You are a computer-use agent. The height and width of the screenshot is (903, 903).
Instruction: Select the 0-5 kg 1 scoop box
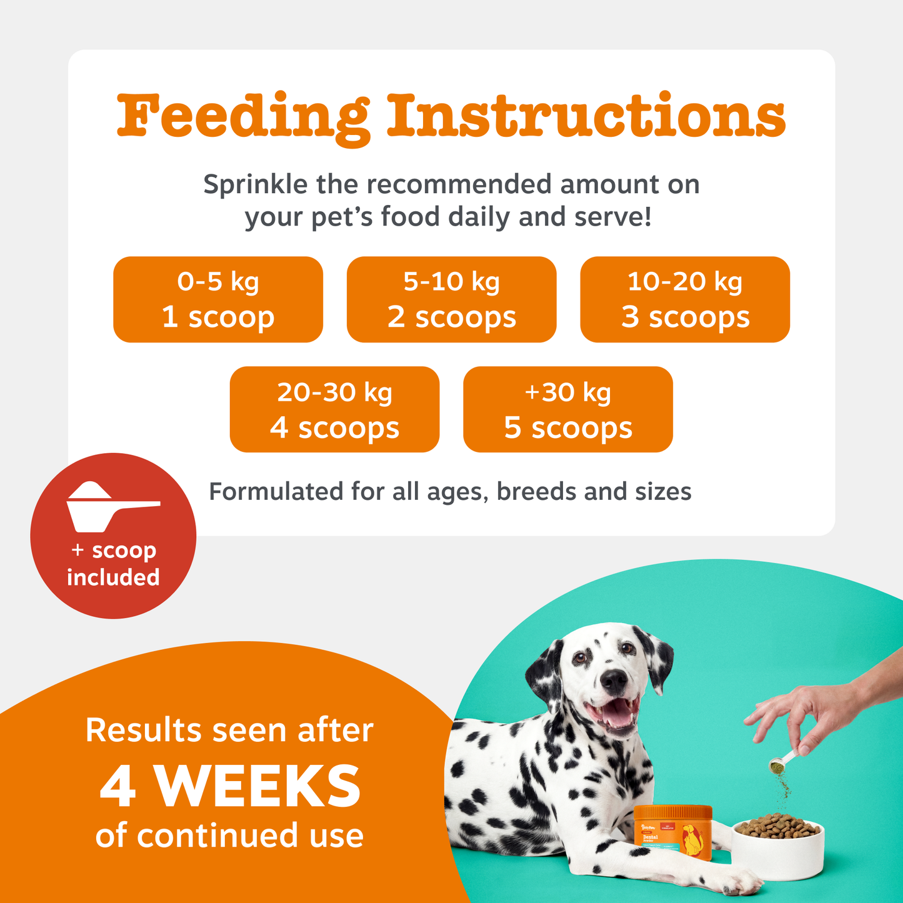pyautogui.click(x=218, y=299)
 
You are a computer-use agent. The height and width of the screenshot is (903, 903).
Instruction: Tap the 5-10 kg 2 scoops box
pyautogui.click(x=451, y=299)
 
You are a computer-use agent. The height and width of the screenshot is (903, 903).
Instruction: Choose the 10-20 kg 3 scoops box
pyautogui.click(x=685, y=299)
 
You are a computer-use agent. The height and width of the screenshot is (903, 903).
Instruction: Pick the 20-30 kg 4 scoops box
pyautogui.click(x=334, y=409)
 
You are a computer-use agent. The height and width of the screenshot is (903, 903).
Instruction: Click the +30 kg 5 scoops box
pyautogui.click(x=568, y=409)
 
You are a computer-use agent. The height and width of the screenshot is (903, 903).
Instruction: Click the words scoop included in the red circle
pyautogui.click(x=114, y=564)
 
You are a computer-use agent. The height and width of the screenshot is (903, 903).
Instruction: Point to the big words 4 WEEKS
pyautogui.click(x=230, y=787)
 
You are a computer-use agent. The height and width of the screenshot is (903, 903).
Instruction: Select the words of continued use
pyautogui.click(x=229, y=836)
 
